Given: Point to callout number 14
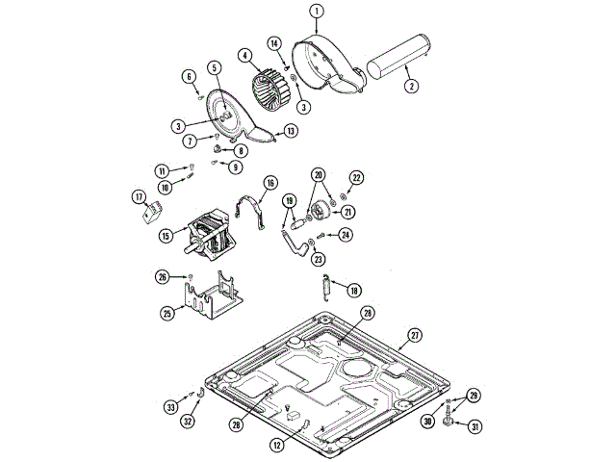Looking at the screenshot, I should click(x=273, y=44).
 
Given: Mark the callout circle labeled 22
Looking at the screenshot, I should click(x=356, y=178).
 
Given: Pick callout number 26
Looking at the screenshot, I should click(x=164, y=277).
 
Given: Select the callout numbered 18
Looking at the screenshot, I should click(x=354, y=290).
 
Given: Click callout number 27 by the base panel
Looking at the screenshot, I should click(x=415, y=335).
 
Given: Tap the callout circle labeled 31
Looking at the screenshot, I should click(x=475, y=427).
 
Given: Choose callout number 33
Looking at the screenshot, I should click(x=171, y=407).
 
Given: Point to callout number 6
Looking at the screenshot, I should click(x=189, y=76).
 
